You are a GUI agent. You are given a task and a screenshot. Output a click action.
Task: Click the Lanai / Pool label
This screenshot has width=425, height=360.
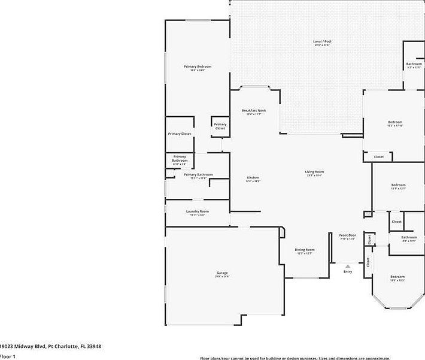pos(322,41)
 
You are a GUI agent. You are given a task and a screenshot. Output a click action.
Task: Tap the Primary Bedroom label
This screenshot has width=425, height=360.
pos(198,66)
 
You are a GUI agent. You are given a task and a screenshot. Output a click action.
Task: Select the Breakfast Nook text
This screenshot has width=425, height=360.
pos(254,111)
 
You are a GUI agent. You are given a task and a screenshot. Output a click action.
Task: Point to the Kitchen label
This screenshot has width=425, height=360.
pos(253,178)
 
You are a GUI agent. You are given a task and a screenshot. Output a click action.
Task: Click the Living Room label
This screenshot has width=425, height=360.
pos(315,172)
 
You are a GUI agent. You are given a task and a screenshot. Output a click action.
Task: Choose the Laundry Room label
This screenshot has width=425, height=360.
pos(198,211)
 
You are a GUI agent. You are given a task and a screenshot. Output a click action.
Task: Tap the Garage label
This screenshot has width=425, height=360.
pos(222,273)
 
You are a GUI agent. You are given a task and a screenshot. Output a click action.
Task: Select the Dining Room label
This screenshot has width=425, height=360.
pos(305,250)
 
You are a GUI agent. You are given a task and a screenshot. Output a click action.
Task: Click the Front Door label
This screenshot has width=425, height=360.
pos(348,235)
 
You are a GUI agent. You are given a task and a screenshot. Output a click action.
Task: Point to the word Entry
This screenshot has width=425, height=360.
pos(348,272)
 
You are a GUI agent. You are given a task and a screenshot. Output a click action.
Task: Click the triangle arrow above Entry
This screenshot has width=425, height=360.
pos(348,266)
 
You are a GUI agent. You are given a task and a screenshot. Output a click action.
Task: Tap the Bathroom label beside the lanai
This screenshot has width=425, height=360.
pos(414,63)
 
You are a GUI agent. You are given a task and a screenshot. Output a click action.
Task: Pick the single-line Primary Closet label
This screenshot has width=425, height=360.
pos(180,134)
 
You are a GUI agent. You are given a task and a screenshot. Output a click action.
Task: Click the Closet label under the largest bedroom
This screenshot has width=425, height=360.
pos(379,157)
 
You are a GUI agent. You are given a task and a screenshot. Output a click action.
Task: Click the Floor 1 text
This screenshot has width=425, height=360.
pos(8,356)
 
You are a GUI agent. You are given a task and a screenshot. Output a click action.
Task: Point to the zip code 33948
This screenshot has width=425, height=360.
pos(92,346)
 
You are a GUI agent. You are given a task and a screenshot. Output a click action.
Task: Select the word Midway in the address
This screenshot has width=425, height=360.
pos(23,346)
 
